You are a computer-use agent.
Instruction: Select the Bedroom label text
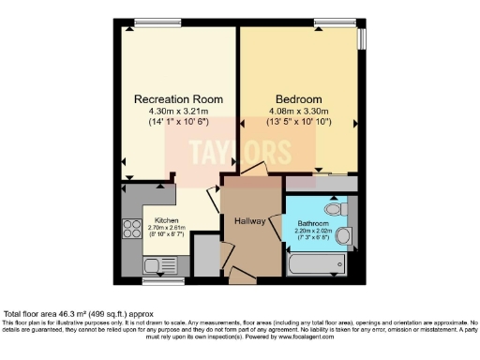(x=298, y=98)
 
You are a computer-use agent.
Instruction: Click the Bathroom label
(x=312, y=223)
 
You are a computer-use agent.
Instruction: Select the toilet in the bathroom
(x=333, y=206)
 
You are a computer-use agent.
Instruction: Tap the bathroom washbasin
(x=344, y=234)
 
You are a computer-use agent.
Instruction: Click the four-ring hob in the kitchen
(x=129, y=229)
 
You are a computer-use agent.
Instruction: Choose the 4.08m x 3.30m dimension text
(x=298, y=111)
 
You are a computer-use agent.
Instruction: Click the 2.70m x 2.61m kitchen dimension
(x=155, y=228)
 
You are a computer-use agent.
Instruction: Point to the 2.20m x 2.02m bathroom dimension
(x=312, y=231)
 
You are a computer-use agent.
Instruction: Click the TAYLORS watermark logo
(x=240, y=150)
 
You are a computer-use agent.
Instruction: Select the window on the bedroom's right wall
(x=362, y=40)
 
